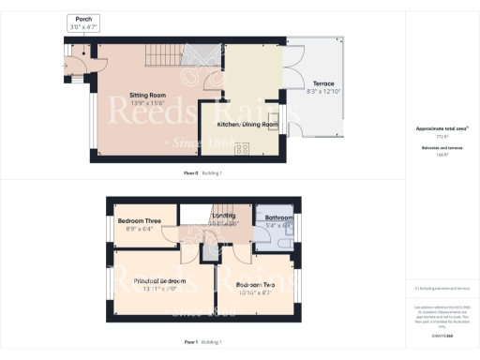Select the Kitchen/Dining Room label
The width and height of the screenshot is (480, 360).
pyautogui.click(x=248, y=124)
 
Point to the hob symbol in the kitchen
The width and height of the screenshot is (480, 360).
pyautogui.click(x=241, y=147)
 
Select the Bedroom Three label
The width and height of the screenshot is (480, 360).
pyautogui.click(x=142, y=220)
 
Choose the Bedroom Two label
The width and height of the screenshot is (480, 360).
pyautogui.click(x=255, y=283)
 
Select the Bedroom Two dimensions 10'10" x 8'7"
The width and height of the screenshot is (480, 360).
pyautogui.click(x=255, y=292)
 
